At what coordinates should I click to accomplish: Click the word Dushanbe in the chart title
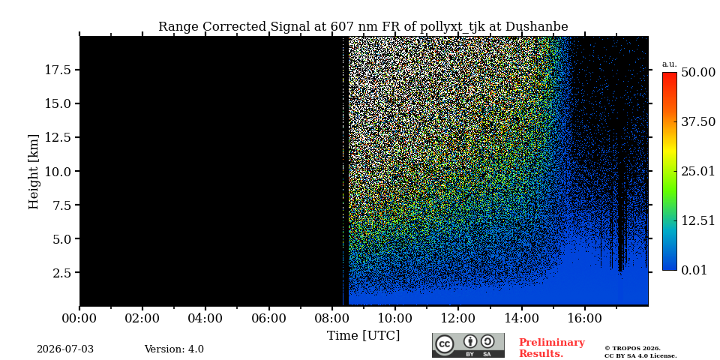536,27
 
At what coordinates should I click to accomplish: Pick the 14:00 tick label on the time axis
522,318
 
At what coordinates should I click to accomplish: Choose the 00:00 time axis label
79,318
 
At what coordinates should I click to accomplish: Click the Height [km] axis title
34,172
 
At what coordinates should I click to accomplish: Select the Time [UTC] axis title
363,336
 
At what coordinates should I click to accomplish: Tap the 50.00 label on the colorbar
698,73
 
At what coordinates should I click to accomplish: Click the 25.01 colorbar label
698,172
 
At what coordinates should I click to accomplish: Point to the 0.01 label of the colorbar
694,270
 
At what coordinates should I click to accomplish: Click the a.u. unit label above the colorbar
670,64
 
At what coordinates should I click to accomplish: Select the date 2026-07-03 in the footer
65,349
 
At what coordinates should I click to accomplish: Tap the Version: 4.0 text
174,349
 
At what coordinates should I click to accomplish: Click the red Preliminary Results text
552,348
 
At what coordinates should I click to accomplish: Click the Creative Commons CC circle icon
445,345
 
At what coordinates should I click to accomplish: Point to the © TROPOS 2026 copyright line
632,349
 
